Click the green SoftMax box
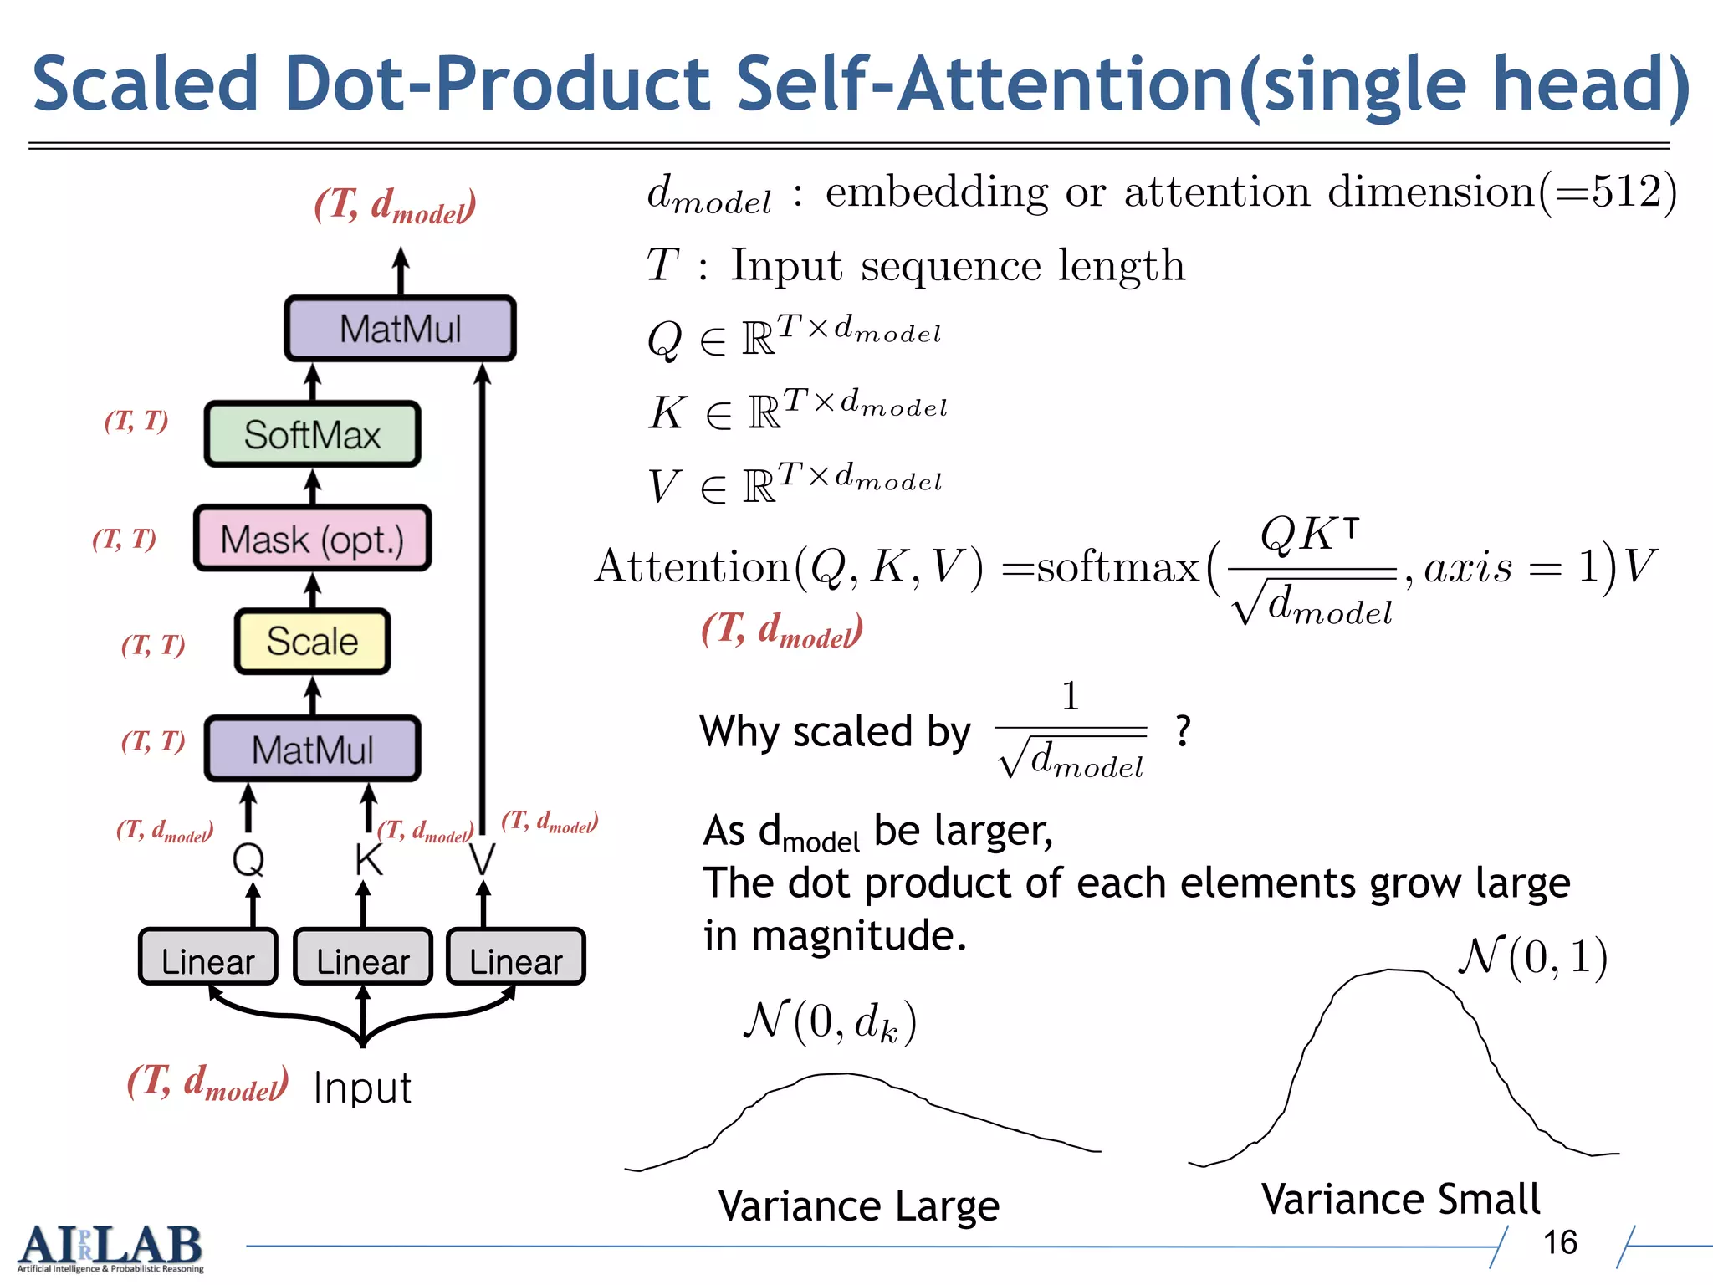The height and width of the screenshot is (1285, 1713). click(312, 434)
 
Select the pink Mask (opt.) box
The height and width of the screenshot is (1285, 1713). click(312, 539)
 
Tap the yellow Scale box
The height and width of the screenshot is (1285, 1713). click(312, 642)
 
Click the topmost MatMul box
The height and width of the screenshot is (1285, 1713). click(400, 328)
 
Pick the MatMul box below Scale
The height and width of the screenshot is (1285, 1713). click(312, 749)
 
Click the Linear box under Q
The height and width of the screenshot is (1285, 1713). click(207, 959)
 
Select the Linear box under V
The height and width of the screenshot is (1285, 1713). click(515, 959)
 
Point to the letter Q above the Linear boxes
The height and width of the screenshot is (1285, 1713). click(248, 858)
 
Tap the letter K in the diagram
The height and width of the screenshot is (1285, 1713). click(368, 859)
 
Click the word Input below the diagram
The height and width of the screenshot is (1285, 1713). click(362, 1088)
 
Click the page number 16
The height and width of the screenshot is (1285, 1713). click(1560, 1242)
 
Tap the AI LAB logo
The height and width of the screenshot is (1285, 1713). click(110, 1247)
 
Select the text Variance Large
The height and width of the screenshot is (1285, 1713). click(858, 1206)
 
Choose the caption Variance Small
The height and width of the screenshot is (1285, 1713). click(1401, 1199)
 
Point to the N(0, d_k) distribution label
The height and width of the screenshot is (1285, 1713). click(830, 1021)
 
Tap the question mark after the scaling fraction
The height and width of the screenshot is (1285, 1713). click(1183, 730)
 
